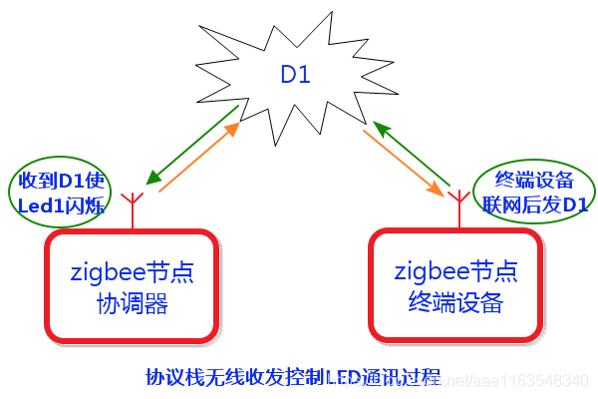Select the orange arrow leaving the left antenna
click(199, 157)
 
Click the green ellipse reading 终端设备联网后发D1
click(534, 192)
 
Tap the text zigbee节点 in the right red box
click(455, 270)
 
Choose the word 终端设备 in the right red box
click(455, 301)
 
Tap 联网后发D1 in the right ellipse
click(535, 204)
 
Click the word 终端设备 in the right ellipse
click(535, 180)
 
